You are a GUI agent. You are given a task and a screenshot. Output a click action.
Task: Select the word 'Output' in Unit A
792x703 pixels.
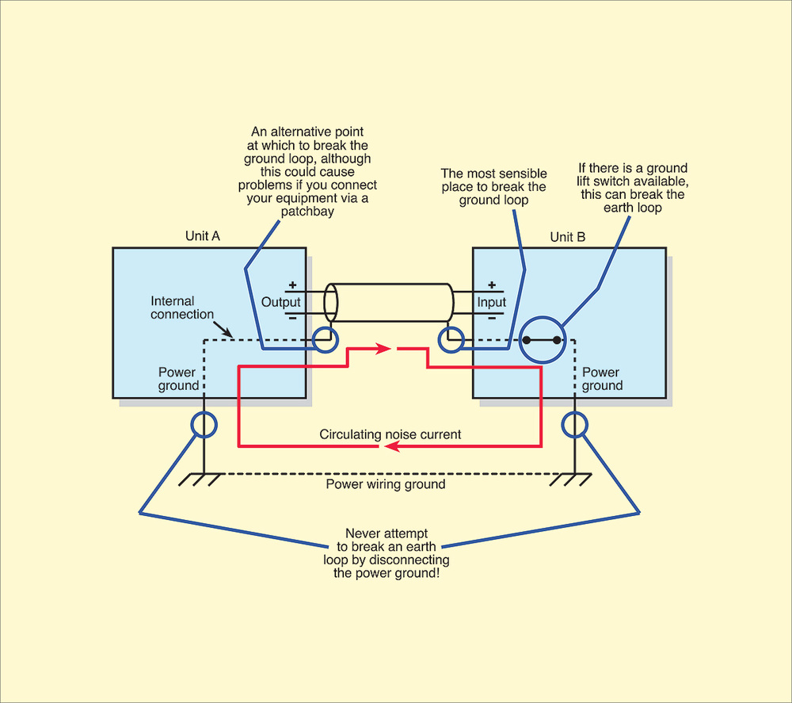[x=281, y=302]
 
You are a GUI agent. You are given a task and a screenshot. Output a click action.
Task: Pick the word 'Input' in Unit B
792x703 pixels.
[x=491, y=302]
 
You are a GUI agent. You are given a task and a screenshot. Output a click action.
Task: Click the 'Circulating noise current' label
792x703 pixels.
[x=390, y=434]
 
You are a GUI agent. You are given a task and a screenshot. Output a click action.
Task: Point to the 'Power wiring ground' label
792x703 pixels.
[x=386, y=484]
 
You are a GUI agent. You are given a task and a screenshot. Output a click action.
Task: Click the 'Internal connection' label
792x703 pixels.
[x=183, y=308]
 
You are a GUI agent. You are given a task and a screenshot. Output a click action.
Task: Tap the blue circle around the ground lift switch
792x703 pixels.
[x=542, y=341]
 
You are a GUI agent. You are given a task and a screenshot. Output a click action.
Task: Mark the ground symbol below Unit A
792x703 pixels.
[x=199, y=479]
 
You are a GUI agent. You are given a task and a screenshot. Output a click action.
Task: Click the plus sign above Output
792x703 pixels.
[x=291, y=285]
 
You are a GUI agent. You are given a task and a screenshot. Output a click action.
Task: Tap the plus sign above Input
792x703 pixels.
[x=491, y=285]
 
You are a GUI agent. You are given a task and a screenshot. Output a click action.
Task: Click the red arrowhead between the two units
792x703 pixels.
[x=383, y=348]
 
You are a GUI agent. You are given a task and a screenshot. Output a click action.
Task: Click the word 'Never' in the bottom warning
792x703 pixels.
[x=363, y=533]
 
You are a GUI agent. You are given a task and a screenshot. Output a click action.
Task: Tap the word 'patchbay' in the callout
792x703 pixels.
[x=307, y=212]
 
